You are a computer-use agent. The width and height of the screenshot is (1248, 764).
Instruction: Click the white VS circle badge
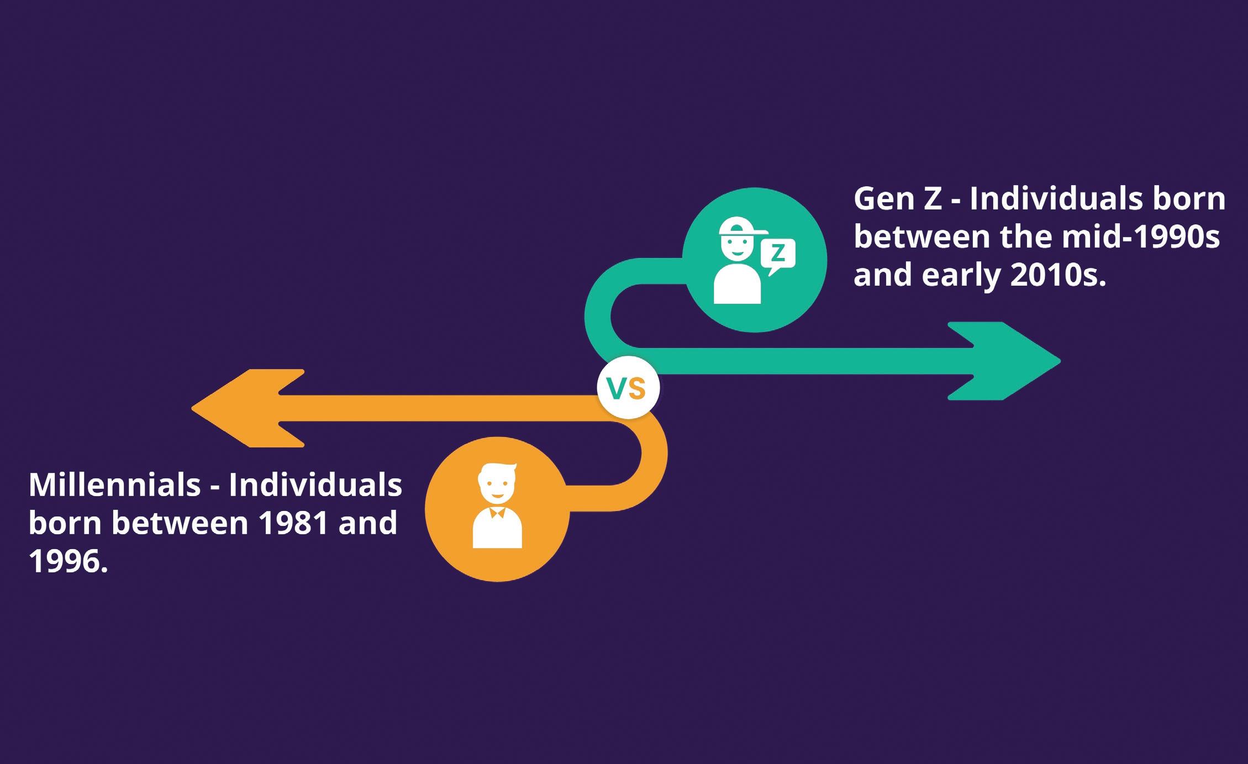pos(629,388)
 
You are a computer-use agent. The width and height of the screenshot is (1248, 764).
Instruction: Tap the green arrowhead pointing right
pos(1011,361)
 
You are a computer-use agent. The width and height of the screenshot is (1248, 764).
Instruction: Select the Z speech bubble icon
pos(778,255)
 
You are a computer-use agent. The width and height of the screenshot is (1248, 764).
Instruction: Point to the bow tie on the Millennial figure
pos(497,512)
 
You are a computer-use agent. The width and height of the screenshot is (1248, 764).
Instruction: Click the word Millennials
pos(114,485)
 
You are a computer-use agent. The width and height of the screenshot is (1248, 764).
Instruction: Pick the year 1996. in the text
pos(68,561)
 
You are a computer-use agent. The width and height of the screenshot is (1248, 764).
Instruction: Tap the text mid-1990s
pos(1140,237)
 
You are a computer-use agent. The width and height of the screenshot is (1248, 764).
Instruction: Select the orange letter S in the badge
pos(637,389)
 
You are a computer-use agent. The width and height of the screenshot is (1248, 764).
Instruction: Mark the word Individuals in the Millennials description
pos(315,485)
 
